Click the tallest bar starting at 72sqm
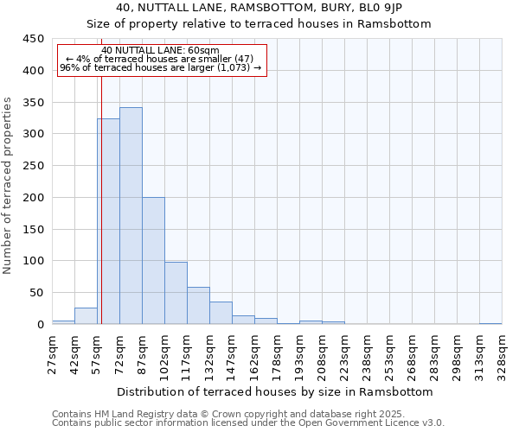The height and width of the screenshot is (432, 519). (x=131, y=216)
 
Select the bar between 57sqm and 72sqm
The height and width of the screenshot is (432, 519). (x=108, y=221)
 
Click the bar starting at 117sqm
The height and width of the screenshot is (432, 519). (x=198, y=306)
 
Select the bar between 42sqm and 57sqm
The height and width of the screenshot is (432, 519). (x=86, y=316)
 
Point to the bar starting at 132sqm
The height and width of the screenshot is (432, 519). (x=221, y=313)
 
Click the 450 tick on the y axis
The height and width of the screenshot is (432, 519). (x=34, y=39)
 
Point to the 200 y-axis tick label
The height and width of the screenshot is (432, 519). (x=34, y=198)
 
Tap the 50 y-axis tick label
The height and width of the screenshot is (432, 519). (x=36, y=293)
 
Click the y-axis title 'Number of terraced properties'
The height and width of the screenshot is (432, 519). (x=8, y=185)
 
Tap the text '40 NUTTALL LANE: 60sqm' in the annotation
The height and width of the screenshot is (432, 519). (x=160, y=51)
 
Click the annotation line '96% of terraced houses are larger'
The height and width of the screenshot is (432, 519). (x=160, y=67)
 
